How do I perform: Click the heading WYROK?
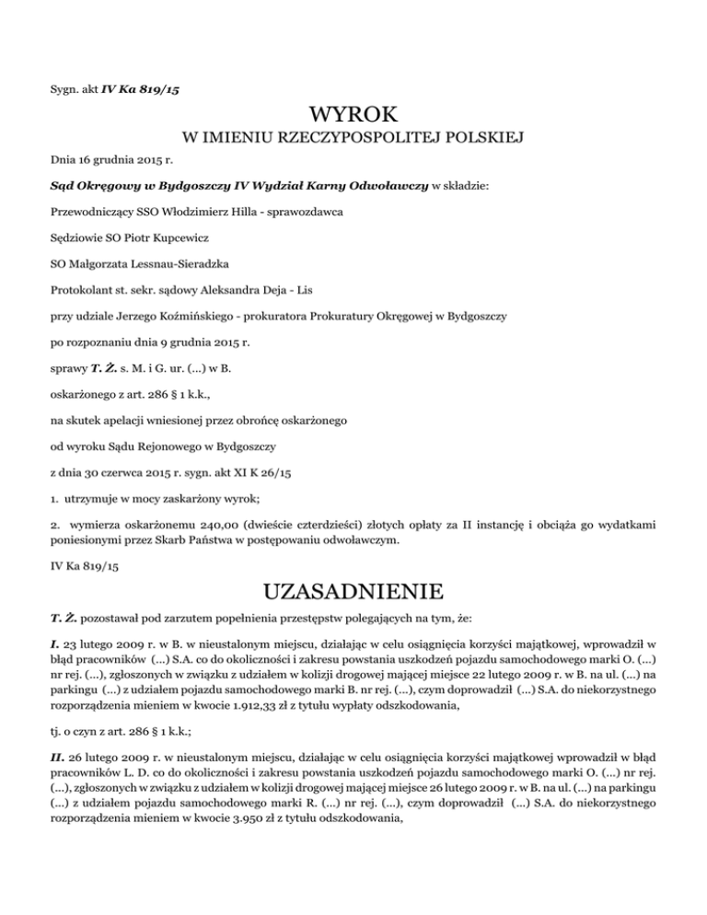tap(353, 116)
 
